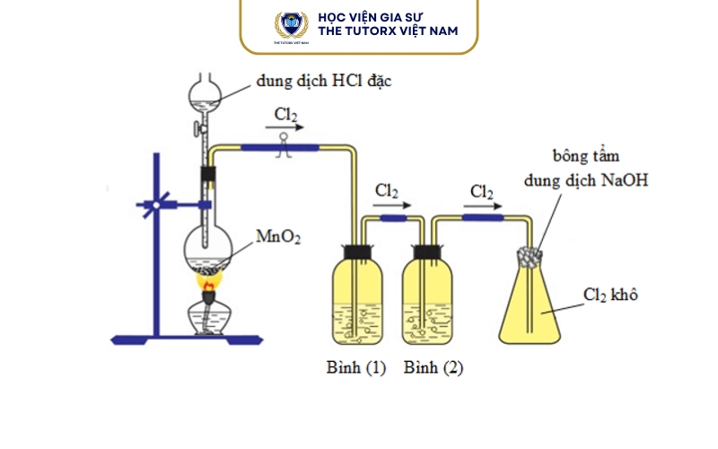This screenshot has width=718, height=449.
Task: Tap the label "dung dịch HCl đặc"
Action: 324,81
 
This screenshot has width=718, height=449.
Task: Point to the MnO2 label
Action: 278,238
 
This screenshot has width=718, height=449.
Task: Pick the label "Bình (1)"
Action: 356,368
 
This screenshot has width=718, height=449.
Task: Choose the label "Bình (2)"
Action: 433,368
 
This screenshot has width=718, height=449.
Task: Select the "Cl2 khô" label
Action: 610,295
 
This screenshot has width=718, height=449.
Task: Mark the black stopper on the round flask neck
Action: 207,173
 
